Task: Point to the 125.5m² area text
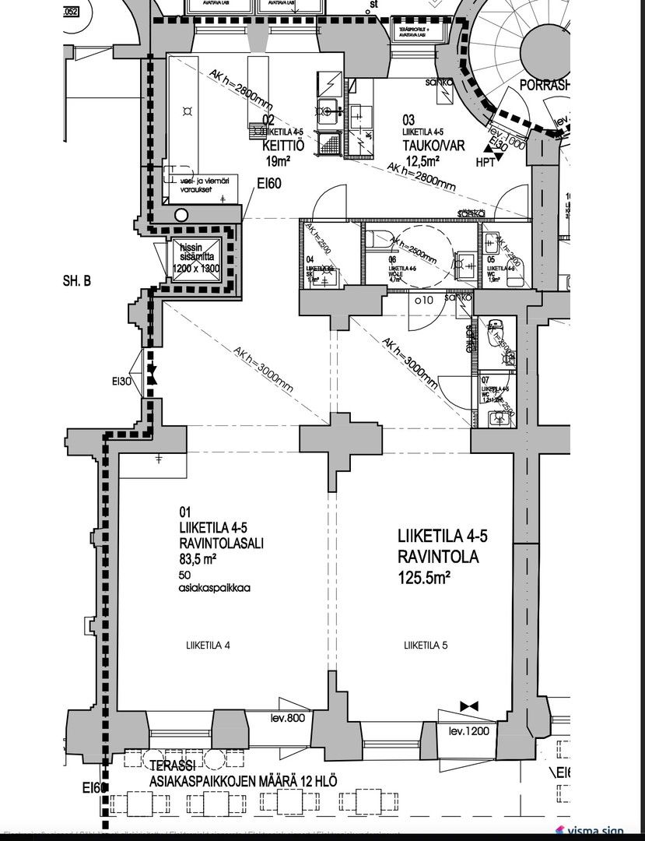(x=425, y=577)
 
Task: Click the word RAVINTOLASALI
(x=221, y=544)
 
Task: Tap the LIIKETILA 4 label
(x=208, y=645)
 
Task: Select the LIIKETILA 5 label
(x=425, y=645)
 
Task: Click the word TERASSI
(x=170, y=766)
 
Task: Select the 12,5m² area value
(x=422, y=161)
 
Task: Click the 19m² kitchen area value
(x=277, y=161)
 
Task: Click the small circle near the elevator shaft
(x=181, y=214)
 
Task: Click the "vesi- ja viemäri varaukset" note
(x=201, y=183)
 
